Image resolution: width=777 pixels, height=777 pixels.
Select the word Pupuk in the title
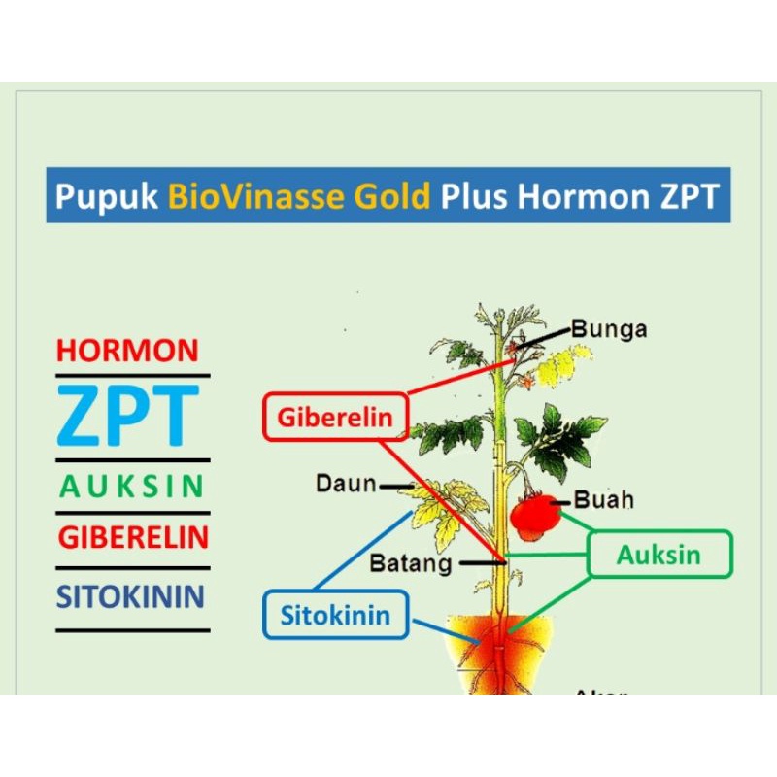point(107,197)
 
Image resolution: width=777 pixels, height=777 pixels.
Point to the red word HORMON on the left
point(127,351)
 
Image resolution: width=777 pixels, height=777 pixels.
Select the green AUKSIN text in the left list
point(131,487)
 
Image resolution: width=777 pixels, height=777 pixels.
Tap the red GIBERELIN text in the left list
point(133,537)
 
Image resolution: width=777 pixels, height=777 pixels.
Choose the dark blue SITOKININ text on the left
point(131,595)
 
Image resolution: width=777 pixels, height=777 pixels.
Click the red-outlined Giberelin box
point(335,418)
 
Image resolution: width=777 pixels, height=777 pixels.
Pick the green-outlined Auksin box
point(659,555)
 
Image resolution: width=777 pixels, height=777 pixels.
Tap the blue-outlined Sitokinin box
point(335,615)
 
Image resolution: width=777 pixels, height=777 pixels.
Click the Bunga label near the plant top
point(609,328)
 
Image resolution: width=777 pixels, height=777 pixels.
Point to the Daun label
point(346,483)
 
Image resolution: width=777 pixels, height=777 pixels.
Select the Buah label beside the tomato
point(604,500)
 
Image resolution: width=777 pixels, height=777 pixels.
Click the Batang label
point(411,562)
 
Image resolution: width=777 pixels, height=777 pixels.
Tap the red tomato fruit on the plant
point(535,517)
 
